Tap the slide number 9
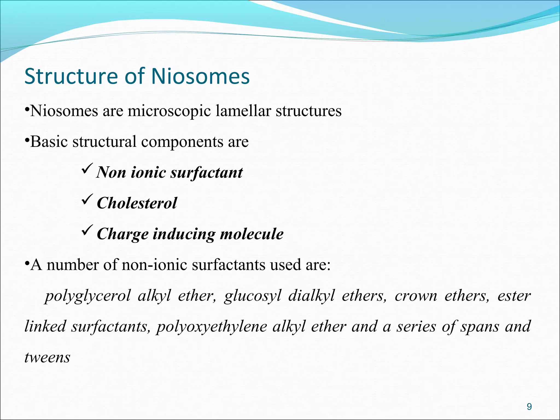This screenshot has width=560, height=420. pyautogui.click(x=529, y=407)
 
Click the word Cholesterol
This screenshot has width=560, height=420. pyautogui.click(x=137, y=203)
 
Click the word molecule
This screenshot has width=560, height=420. pyautogui.click(x=252, y=234)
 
